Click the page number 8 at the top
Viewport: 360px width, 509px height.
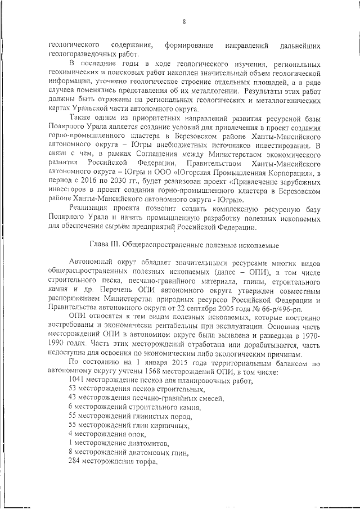tap(183, 22)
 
